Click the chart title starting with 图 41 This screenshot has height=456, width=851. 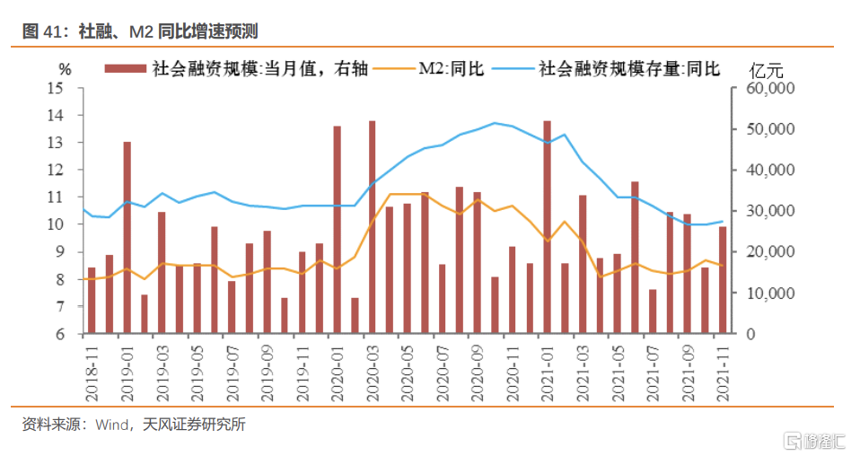(x=140, y=31)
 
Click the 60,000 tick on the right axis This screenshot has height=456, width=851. (x=764, y=89)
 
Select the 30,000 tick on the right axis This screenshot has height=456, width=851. (x=764, y=211)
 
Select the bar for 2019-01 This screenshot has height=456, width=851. (x=127, y=238)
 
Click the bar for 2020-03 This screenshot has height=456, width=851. (x=372, y=227)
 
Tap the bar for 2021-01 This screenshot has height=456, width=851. (x=547, y=227)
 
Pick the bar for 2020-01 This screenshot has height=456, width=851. (x=337, y=230)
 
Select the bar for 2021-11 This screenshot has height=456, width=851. (x=723, y=280)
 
